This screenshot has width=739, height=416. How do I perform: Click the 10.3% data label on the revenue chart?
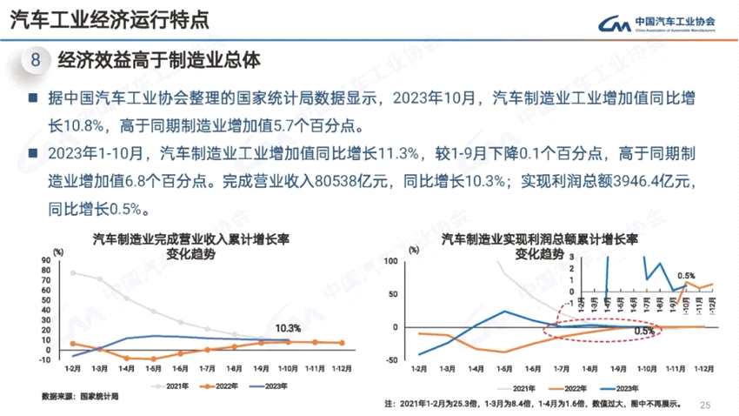288,328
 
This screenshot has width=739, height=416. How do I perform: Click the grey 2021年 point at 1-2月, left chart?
74,273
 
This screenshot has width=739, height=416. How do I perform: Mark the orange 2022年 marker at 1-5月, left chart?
154,359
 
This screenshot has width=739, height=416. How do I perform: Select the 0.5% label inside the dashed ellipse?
644,332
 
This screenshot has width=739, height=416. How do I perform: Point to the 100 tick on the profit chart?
390,261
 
